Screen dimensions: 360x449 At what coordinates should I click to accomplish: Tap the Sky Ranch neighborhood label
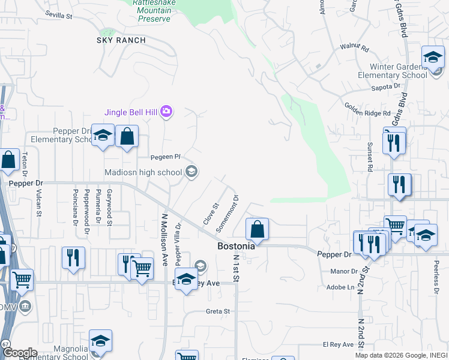click(x=121, y=40)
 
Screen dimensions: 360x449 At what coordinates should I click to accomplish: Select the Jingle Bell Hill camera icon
click(x=166, y=111)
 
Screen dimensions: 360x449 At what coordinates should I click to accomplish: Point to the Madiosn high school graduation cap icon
click(x=191, y=173)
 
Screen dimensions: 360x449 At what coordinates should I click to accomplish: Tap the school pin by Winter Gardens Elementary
click(x=432, y=58)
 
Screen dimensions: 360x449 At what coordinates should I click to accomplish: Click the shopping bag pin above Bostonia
click(x=256, y=229)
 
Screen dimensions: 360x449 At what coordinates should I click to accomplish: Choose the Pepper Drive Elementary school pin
click(x=103, y=135)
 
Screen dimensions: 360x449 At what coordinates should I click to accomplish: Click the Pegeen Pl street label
click(x=166, y=157)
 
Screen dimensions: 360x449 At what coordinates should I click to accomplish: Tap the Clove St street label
click(x=209, y=214)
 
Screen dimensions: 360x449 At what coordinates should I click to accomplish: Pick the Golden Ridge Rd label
click(x=367, y=109)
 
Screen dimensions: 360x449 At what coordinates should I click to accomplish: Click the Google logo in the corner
click(x=20, y=353)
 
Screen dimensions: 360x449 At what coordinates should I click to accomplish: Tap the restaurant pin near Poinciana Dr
click(x=73, y=259)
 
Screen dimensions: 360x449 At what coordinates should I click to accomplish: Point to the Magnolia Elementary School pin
click(x=100, y=341)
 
